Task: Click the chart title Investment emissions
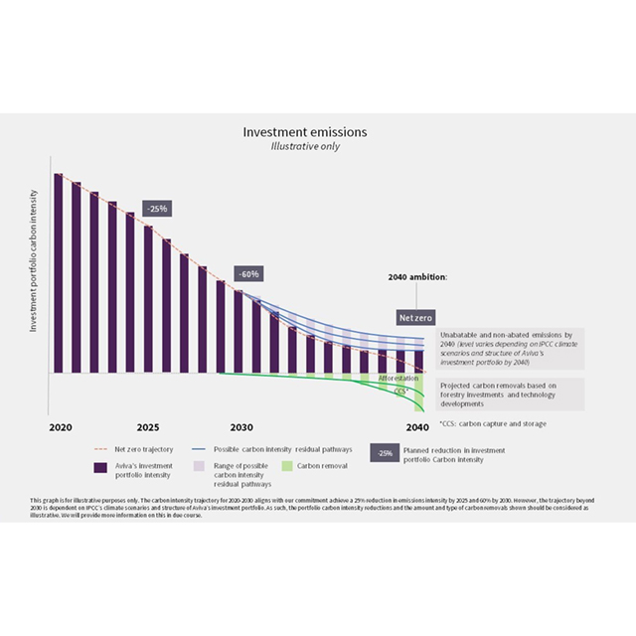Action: click(305, 131)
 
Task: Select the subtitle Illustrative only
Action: click(305, 146)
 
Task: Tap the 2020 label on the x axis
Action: click(61, 426)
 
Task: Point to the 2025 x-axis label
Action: click(148, 426)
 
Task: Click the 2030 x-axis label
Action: click(240, 426)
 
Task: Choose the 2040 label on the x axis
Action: click(416, 426)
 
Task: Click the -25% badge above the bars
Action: click(156, 209)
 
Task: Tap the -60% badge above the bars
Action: click(247, 273)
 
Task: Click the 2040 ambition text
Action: click(417, 277)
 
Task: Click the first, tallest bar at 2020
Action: click(58, 273)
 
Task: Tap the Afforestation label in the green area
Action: click(398, 379)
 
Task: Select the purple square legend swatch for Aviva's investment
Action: click(100, 468)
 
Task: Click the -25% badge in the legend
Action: click(384, 453)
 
